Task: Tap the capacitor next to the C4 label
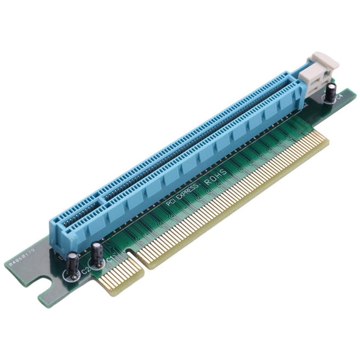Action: [333, 94]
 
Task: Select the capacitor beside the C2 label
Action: [74, 263]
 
